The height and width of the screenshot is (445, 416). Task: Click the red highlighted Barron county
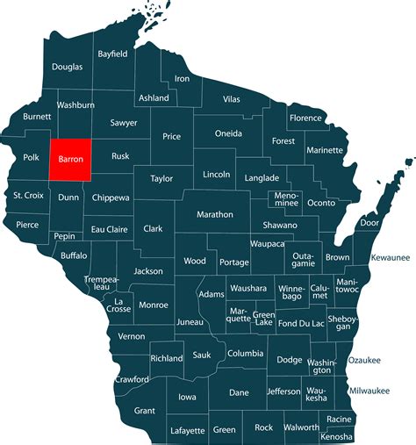click(70, 161)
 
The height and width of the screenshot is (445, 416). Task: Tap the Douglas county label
click(68, 67)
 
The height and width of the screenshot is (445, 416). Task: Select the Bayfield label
click(112, 54)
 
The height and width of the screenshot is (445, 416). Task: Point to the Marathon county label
click(215, 214)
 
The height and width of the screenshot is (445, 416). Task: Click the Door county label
click(370, 223)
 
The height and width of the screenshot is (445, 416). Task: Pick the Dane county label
click(240, 393)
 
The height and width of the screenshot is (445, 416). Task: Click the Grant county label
click(144, 410)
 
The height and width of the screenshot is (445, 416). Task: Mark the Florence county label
click(306, 118)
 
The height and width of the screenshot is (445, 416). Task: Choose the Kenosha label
click(337, 435)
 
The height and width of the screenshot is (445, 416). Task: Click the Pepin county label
click(63, 237)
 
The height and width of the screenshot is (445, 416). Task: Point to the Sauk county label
click(201, 355)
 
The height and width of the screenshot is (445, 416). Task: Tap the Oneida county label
click(232, 133)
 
